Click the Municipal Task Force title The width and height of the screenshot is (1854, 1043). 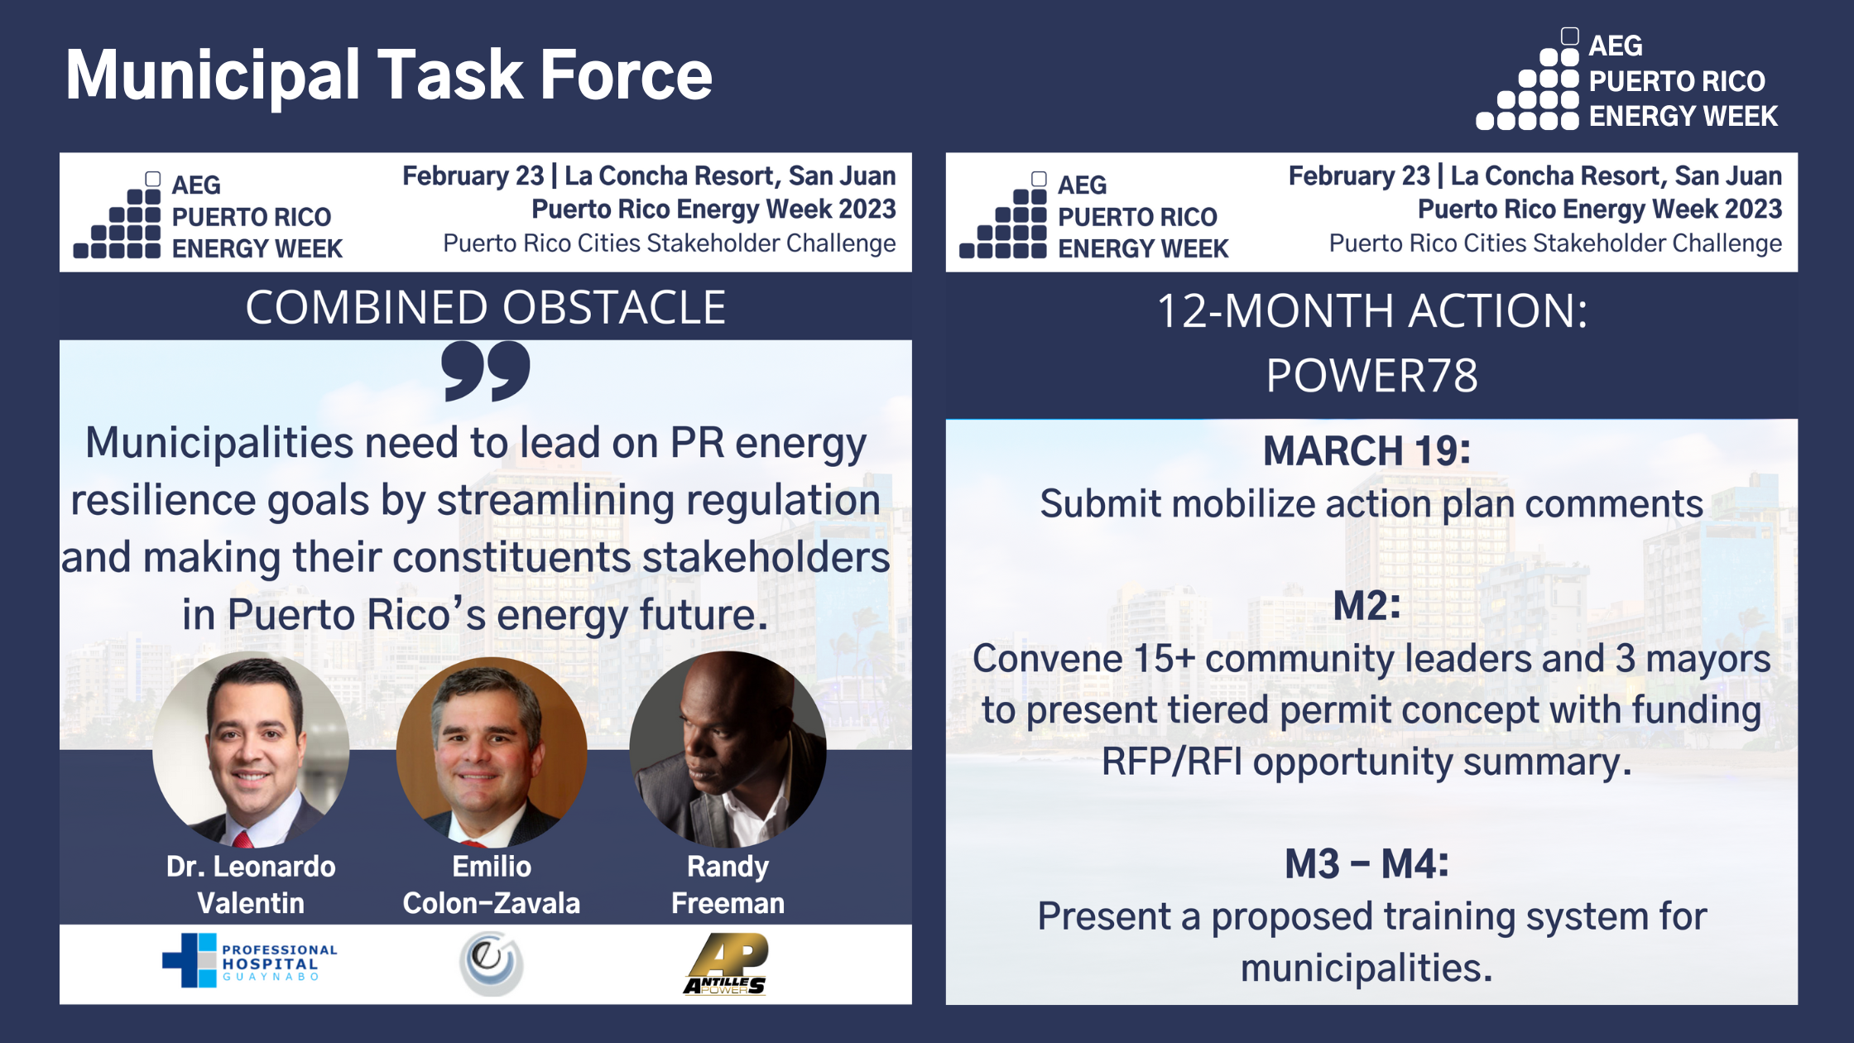pos(388,76)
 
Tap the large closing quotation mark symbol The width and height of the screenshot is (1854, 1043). pos(486,372)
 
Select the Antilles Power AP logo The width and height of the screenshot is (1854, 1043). pos(727,964)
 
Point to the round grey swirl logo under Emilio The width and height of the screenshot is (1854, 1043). pos(491,962)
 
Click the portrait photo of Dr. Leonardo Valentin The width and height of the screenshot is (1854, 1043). pos(251,749)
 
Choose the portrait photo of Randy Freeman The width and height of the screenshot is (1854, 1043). pos(728,749)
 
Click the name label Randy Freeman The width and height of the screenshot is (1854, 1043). pos(728,885)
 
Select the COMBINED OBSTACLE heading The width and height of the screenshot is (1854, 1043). pos(485,307)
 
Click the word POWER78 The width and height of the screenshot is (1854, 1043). pos(1371,376)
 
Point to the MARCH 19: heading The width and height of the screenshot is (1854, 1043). pos(1366,451)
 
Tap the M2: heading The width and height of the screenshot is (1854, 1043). pos(1366,606)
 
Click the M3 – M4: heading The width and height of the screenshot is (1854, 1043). pos(1366,864)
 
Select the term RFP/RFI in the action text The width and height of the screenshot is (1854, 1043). pos(1171,762)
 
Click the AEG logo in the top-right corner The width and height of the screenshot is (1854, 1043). pos(1626,81)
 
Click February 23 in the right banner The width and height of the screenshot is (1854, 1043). pos(1359,176)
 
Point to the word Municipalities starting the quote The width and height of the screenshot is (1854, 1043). pos(219,443)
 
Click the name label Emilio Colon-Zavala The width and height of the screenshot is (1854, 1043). pos(491,885)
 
